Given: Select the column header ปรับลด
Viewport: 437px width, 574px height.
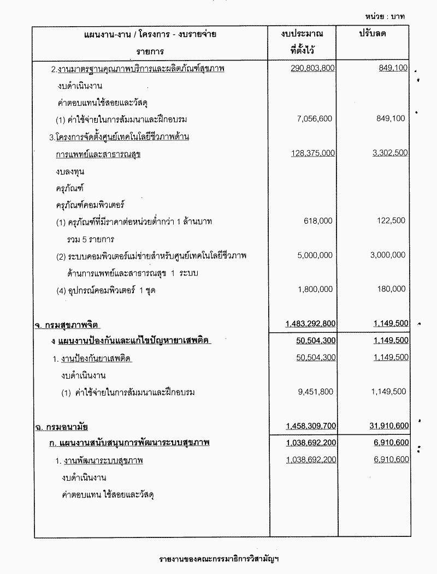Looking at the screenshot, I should (x=373, y=34).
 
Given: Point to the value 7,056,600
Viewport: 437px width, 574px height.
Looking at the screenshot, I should (x=314, y=118).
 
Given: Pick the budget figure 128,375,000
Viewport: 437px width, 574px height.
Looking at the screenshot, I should (x=314, y=153).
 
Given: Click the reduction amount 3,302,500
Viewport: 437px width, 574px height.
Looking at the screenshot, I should (x=390, y=153).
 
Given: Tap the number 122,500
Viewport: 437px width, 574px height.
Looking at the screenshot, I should (x=393, y=221).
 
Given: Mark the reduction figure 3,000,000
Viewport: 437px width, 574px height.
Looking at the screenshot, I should (x=388, y=255).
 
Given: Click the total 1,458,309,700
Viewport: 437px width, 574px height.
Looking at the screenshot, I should (x=310, y=425).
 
